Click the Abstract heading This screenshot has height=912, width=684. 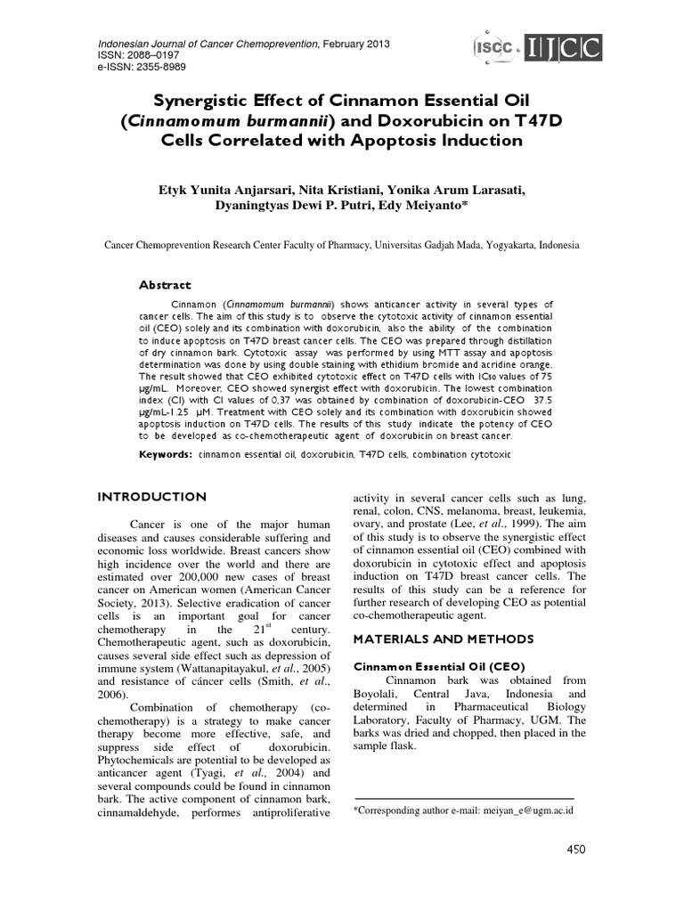pyautogui.click(x=165, y=285)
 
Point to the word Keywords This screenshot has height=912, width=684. pyautogui.click(x=166, y=454)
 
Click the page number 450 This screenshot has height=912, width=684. pyautogui.click(x=576, y=850)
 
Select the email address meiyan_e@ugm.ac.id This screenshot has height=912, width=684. pyautogui.click(x=527, y=810)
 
